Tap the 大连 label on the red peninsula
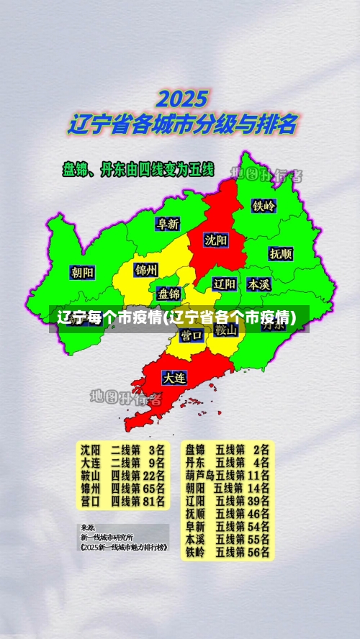click(174, 376)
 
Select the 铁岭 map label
click(264, 205)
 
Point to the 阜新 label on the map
click(168, 224)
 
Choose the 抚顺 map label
click(281, 254)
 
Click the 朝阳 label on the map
click(82, 273)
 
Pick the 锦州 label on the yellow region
click(146, 271)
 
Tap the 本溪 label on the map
click(258, 284)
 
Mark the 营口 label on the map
click(192, 335)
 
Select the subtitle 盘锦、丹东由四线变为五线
click(139, 170)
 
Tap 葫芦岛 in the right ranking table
click(199, 475)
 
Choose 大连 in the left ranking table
click(90, 462)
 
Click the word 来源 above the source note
click(87, 527)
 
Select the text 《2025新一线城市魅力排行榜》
click(124, 547)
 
